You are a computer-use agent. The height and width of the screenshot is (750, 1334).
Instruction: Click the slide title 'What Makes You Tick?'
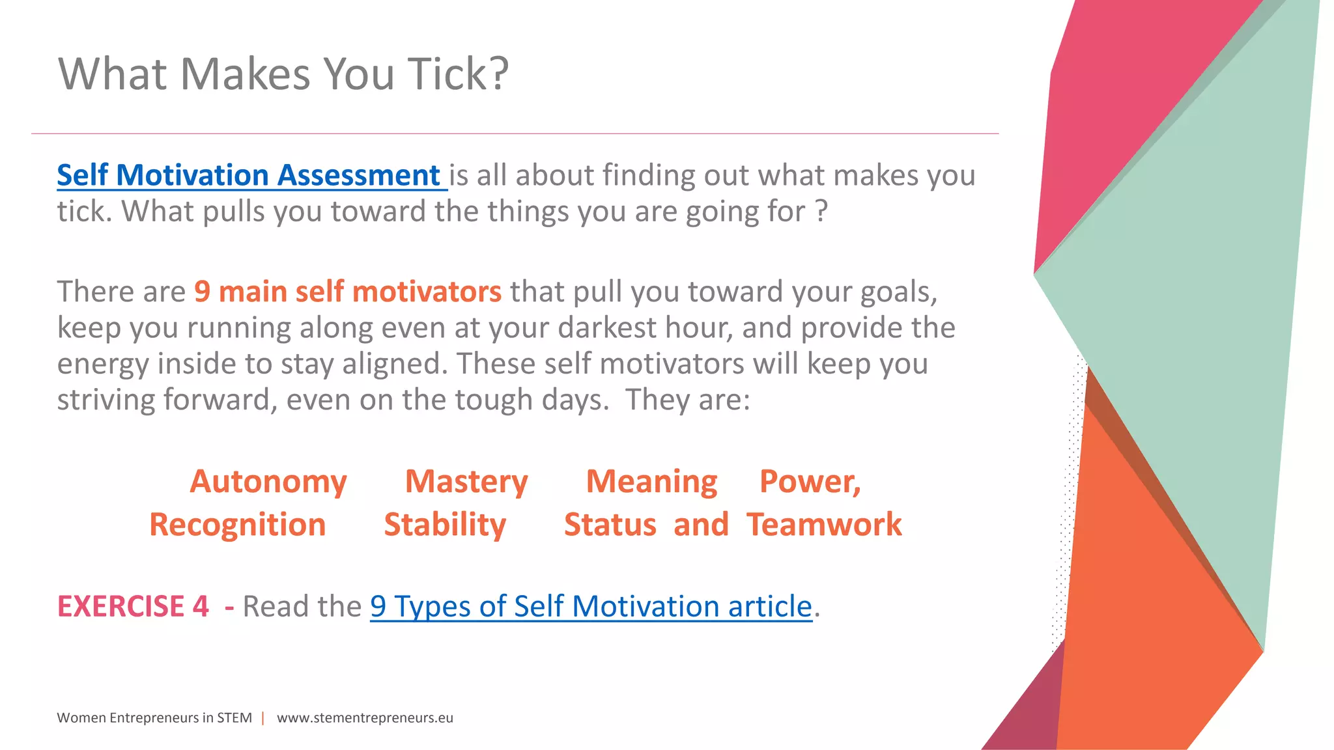click(x=283, y=74)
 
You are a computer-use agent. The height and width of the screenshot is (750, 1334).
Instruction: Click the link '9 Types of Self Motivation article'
click(x=591, y=607)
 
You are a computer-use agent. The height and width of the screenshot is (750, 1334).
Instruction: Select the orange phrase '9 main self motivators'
click(x=348, y=292)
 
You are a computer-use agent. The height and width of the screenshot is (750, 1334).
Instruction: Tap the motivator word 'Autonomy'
click(x=268, y=482)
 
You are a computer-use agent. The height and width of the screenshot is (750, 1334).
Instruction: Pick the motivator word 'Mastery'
click(x=466, y=482)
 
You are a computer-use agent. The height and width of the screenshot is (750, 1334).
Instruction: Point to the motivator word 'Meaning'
click(x=651, y=482)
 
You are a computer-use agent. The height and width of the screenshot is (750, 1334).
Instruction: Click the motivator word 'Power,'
click(x=810, y=482)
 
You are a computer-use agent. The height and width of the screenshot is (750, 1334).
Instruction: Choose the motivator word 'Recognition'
click(x=238, y=525)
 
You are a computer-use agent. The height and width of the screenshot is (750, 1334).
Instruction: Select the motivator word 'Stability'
click(x=445, y=525)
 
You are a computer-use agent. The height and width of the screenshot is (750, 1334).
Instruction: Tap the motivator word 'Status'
click(x=610, y=525)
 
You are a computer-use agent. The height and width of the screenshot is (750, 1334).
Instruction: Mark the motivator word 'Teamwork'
click(x=825, y=525)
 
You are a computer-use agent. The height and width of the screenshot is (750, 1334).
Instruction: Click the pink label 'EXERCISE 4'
click(x=133, y=607)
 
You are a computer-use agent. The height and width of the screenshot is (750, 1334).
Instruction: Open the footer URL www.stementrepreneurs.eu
click(x=365, y=718)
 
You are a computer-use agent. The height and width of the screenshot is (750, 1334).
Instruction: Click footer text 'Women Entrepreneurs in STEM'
click(x=154, y=718)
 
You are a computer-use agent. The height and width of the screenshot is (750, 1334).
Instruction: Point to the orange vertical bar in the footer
click(x=263, y=718)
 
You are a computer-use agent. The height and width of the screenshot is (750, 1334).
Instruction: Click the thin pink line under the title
click(x=515, y=133)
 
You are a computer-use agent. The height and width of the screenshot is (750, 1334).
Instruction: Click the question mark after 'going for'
click(x=821, y=212)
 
